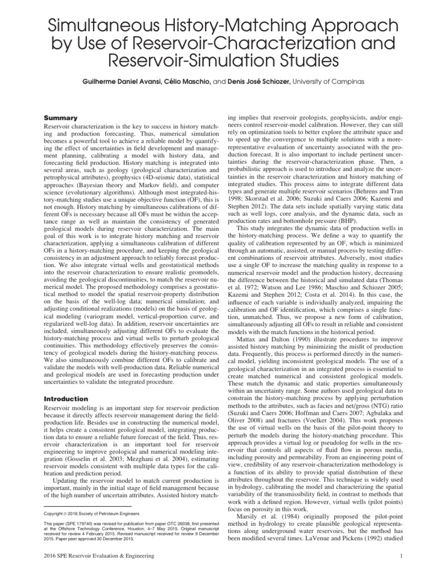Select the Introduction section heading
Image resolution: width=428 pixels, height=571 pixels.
[66, 399]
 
